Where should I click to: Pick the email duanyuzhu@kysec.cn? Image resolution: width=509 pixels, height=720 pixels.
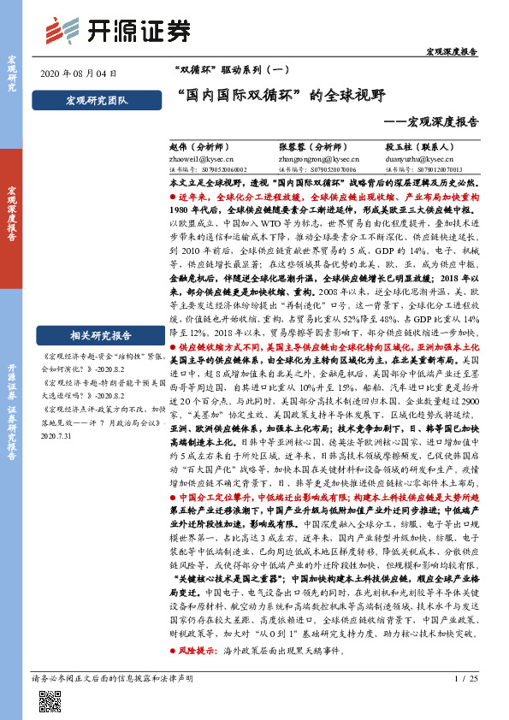pos(420,159)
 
